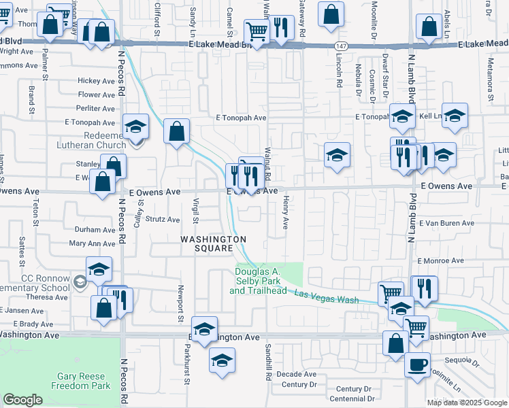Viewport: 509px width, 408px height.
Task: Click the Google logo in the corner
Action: pos(23,400)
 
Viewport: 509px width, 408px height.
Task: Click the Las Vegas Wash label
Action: pos(327,296)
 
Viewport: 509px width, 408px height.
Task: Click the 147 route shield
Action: pos(339,44)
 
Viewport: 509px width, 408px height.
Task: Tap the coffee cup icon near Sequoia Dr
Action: pos(417,363)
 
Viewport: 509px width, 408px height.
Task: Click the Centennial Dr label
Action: pos(352,398)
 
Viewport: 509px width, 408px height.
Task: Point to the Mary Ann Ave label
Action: pos(93,243)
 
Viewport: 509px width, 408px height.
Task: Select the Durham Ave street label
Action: pos(95,230)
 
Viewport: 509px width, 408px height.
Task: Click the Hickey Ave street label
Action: pos(96,81)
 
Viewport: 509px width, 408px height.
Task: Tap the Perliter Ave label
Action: pos(95,108)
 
